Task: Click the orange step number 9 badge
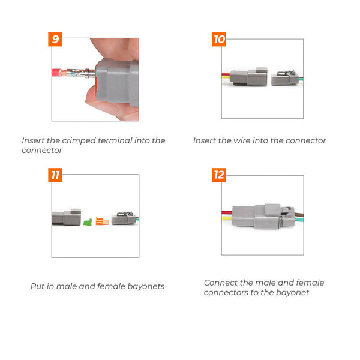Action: tap(56, 40)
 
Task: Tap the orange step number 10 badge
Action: tap(219, 40)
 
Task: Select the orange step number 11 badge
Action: tap(56, 175)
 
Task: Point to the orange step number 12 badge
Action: tap(219, 175)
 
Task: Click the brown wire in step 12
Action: tap(297, 212)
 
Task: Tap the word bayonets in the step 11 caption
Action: tap(146, 287)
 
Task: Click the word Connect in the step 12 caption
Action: tap(220, 283)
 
